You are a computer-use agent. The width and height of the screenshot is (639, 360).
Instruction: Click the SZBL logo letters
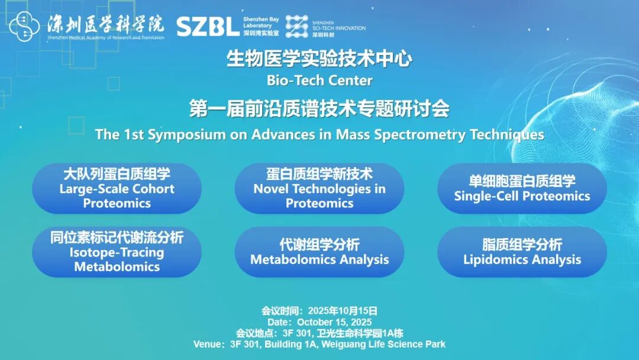click(x=208, y=27)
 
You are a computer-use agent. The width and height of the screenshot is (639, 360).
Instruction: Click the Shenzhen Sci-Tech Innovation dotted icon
click(x=296, y=27)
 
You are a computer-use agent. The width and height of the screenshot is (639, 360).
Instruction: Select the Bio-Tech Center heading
click(x=319, y=80)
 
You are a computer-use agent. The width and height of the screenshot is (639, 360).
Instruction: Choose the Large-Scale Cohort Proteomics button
click(x=117, y=188)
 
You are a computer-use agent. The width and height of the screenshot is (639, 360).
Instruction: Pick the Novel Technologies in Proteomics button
click(x=319, y=188)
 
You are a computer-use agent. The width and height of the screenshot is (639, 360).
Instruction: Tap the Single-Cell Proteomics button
click(x=522, y=188)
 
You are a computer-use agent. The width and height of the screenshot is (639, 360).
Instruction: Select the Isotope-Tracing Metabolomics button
click(x=117, y=252)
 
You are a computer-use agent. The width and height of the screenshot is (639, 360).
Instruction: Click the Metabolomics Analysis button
click(x=319, y=252)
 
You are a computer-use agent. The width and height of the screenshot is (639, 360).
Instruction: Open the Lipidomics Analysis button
click(x=522, y=252)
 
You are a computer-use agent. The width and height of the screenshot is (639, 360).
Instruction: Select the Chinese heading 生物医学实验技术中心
click(x=319, y=60)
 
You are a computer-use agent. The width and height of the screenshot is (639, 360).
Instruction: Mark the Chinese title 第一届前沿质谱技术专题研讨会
click(x=319, y=109)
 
